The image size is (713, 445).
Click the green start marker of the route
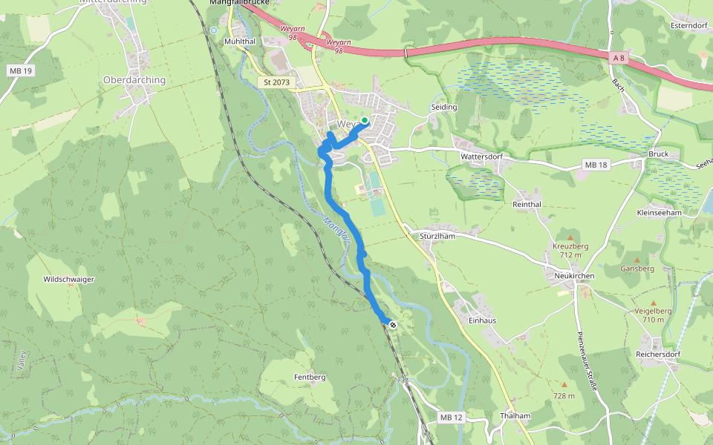[365, 119]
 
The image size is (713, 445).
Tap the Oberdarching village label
[134, 80]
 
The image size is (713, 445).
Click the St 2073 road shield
[278, 82]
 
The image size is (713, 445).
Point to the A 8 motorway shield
[619, 57]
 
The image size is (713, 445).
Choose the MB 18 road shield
[596, 165]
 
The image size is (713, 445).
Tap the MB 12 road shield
[451, 418]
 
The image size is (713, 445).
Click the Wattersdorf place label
[483, 157]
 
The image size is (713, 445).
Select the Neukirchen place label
[573, 275]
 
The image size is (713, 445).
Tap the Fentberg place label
[310, 378]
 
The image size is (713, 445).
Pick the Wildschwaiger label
[69, 280]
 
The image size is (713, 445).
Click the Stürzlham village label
[436, 235]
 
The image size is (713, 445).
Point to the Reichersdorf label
[658, 355]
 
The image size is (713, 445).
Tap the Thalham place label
[515, 416]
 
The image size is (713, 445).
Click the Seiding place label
[444, 108]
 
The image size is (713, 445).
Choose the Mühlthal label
[240, 42]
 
